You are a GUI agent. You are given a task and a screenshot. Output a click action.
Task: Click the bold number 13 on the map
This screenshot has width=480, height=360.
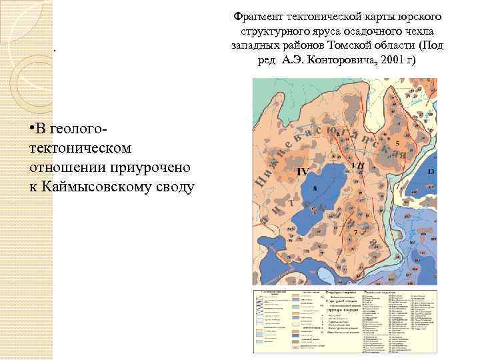point(431,172)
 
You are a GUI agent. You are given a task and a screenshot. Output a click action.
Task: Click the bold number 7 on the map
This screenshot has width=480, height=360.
point(356,231)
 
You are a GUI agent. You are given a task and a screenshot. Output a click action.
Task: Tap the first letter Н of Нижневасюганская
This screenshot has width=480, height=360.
point(260,179)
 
